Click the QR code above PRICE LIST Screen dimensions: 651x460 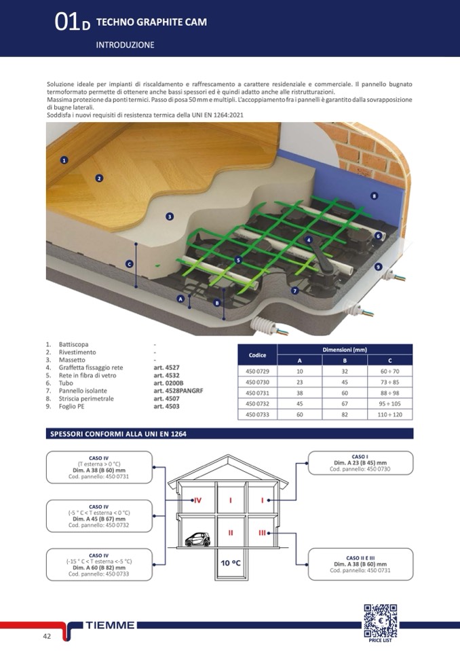[380, 619]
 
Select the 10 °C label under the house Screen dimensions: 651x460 [230, 563]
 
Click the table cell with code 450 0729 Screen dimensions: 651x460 [257, 371]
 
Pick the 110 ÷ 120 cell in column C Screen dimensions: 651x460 [389, 414]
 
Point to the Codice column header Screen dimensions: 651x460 [257, 355]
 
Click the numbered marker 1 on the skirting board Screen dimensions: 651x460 [64, 160]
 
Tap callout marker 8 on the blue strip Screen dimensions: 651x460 [374, 196]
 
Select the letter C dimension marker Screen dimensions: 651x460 [129, 263]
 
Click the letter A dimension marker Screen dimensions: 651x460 [180, 299]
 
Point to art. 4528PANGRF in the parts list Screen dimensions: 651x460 [178, 391]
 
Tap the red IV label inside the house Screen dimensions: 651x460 [197, 500]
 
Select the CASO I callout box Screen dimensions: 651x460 [360, 463]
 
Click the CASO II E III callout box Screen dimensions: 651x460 [360, 563]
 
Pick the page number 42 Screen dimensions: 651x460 [47, 636]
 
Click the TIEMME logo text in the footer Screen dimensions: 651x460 [111, 625]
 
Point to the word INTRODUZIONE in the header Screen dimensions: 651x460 [125, 45]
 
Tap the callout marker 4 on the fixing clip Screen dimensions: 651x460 [308, 240]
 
